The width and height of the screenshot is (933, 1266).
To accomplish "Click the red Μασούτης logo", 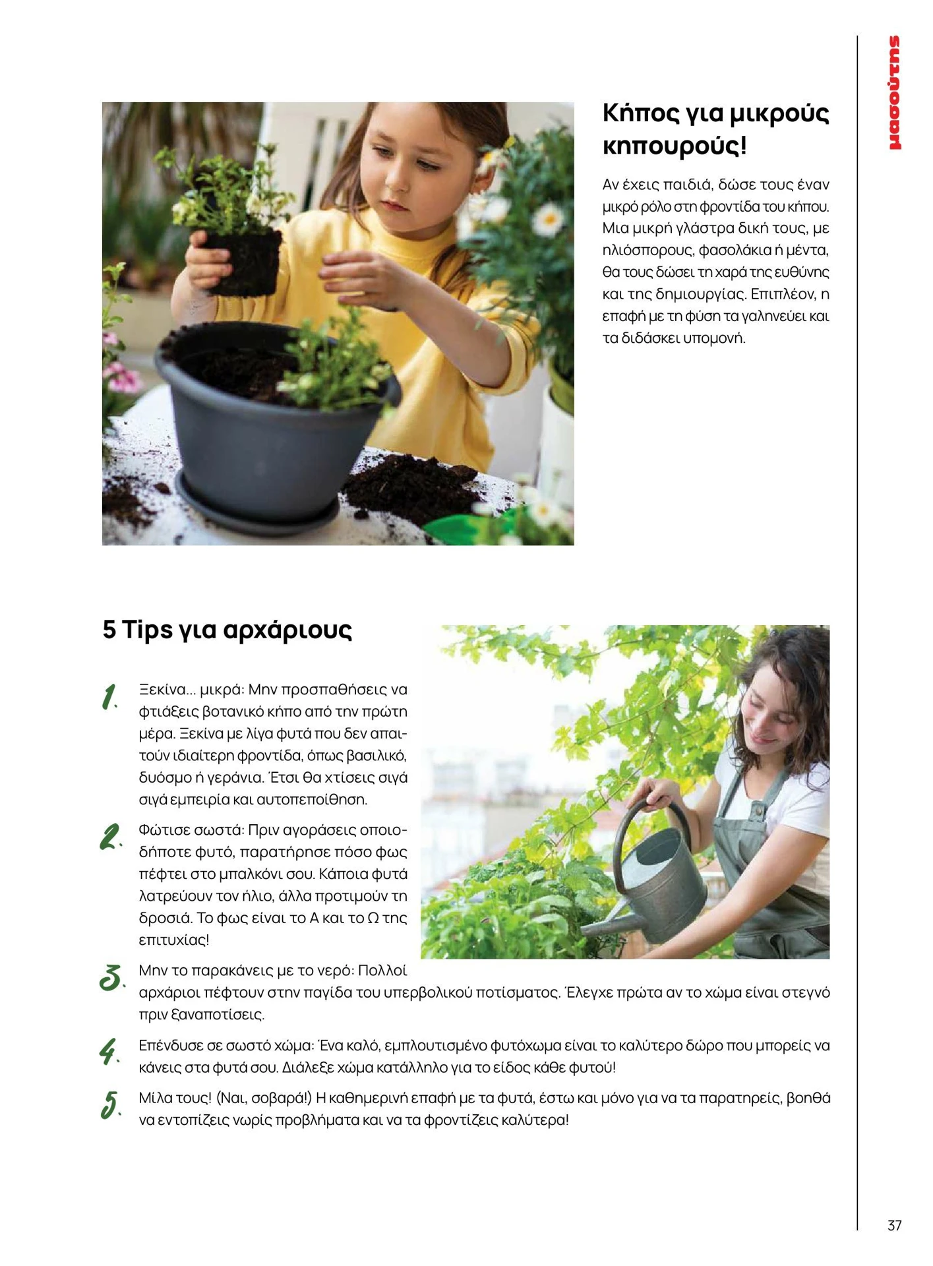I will [x=895, y=93].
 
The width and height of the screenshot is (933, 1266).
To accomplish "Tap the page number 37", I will [x=894, y=1225].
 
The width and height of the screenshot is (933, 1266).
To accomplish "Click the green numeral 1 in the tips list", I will [x=110, y=697].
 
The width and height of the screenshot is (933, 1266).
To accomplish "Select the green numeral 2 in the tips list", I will [x=110, y=837].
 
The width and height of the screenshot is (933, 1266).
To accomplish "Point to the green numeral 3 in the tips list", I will [x=111, y=977].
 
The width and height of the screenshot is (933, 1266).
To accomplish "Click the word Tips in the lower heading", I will [x=146, y=630].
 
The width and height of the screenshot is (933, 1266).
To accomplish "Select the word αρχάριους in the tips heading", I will [x=287, y=630].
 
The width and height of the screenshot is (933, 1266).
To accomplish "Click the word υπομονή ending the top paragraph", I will [x=715, y=338].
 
